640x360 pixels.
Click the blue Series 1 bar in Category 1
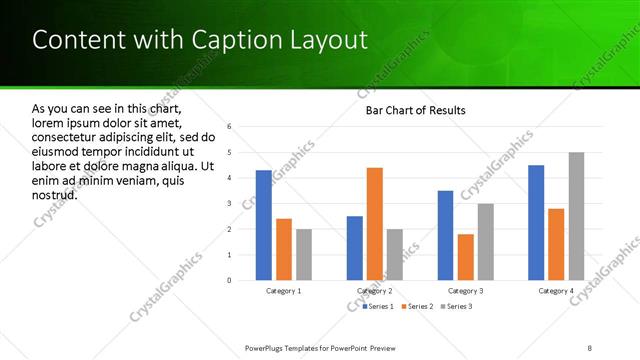pos(263,225)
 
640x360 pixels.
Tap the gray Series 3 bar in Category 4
pos(577,216)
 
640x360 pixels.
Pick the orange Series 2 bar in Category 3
pos(466,257)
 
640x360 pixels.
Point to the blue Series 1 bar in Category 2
pos(355,248)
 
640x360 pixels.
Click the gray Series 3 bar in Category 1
pos(304,254)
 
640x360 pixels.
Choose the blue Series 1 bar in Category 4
pos(536,222)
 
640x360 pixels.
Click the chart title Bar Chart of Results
pos(415,110)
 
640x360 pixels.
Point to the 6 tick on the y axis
pos(229,127)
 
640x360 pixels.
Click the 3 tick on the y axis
pos(229,204)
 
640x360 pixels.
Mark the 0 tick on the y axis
pos(229,280)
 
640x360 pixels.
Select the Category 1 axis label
pos(284,291)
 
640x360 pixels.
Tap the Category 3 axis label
pos(466,291)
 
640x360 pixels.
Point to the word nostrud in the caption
pos(55,194)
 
